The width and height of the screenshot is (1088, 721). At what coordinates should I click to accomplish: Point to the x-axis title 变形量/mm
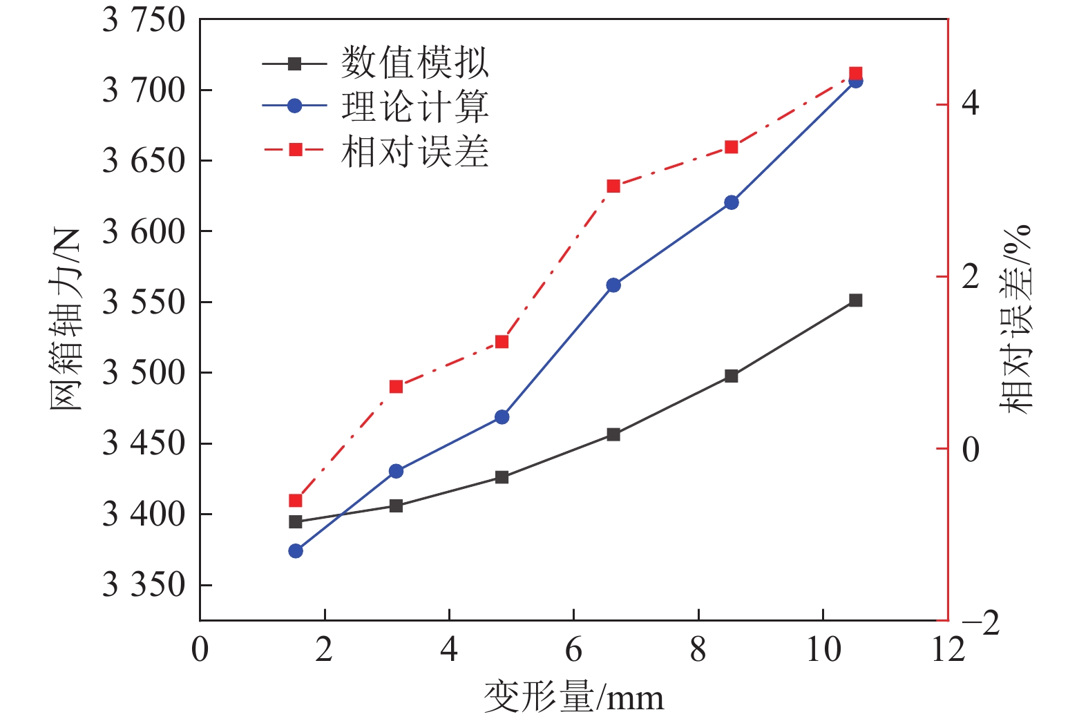click(x=573, y=698)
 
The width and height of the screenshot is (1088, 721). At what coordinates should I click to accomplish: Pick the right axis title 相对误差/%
click(x=1015, y=319)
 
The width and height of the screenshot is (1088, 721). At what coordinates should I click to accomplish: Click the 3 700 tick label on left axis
click(x=144, y=90)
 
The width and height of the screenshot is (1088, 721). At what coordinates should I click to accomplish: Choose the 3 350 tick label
click(x=144, y=585)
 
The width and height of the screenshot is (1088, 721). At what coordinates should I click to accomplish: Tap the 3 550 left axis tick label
click(x=144, y=302)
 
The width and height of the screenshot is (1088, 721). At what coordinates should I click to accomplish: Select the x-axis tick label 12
click(x=948, y=650)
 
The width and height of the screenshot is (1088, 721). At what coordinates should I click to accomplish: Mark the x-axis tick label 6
click(x=573, y=650)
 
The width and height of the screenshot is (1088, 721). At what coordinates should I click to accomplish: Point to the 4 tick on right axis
click(x=971, y=104)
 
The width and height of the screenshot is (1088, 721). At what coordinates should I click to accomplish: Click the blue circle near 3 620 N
click(x=732, y=202)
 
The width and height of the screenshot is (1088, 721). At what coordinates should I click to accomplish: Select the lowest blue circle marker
click(x=296, y=550)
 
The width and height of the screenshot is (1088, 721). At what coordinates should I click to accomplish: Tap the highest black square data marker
click(x=855, y=300)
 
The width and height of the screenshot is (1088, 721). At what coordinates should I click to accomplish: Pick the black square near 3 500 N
click(x=732, y=376)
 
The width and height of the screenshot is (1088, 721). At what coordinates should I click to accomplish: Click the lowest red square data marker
click(x=296, y=501)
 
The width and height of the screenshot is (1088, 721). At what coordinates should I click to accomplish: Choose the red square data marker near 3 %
click(x=613, y=186)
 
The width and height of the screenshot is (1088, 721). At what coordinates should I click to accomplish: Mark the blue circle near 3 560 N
click(x=613, y=285)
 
